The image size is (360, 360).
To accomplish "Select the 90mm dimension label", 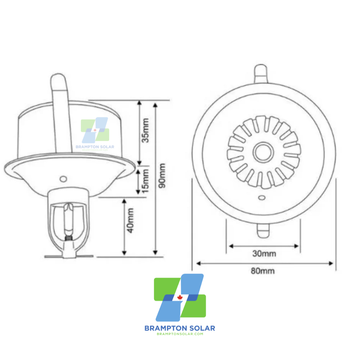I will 162,175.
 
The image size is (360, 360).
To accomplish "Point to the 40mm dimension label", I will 130,220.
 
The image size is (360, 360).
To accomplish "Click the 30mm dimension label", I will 264,253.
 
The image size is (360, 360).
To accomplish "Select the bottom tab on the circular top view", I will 264,231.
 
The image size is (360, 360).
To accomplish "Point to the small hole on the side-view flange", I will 63,179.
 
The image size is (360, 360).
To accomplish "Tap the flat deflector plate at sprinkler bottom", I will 68,256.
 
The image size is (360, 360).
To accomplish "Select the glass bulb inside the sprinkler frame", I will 68,221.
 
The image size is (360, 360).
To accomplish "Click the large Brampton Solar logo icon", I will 180,298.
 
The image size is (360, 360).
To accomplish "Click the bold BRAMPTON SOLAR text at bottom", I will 180,328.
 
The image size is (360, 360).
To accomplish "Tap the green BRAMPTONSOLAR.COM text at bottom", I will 180,334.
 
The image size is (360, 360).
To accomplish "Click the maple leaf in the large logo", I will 180,297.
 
